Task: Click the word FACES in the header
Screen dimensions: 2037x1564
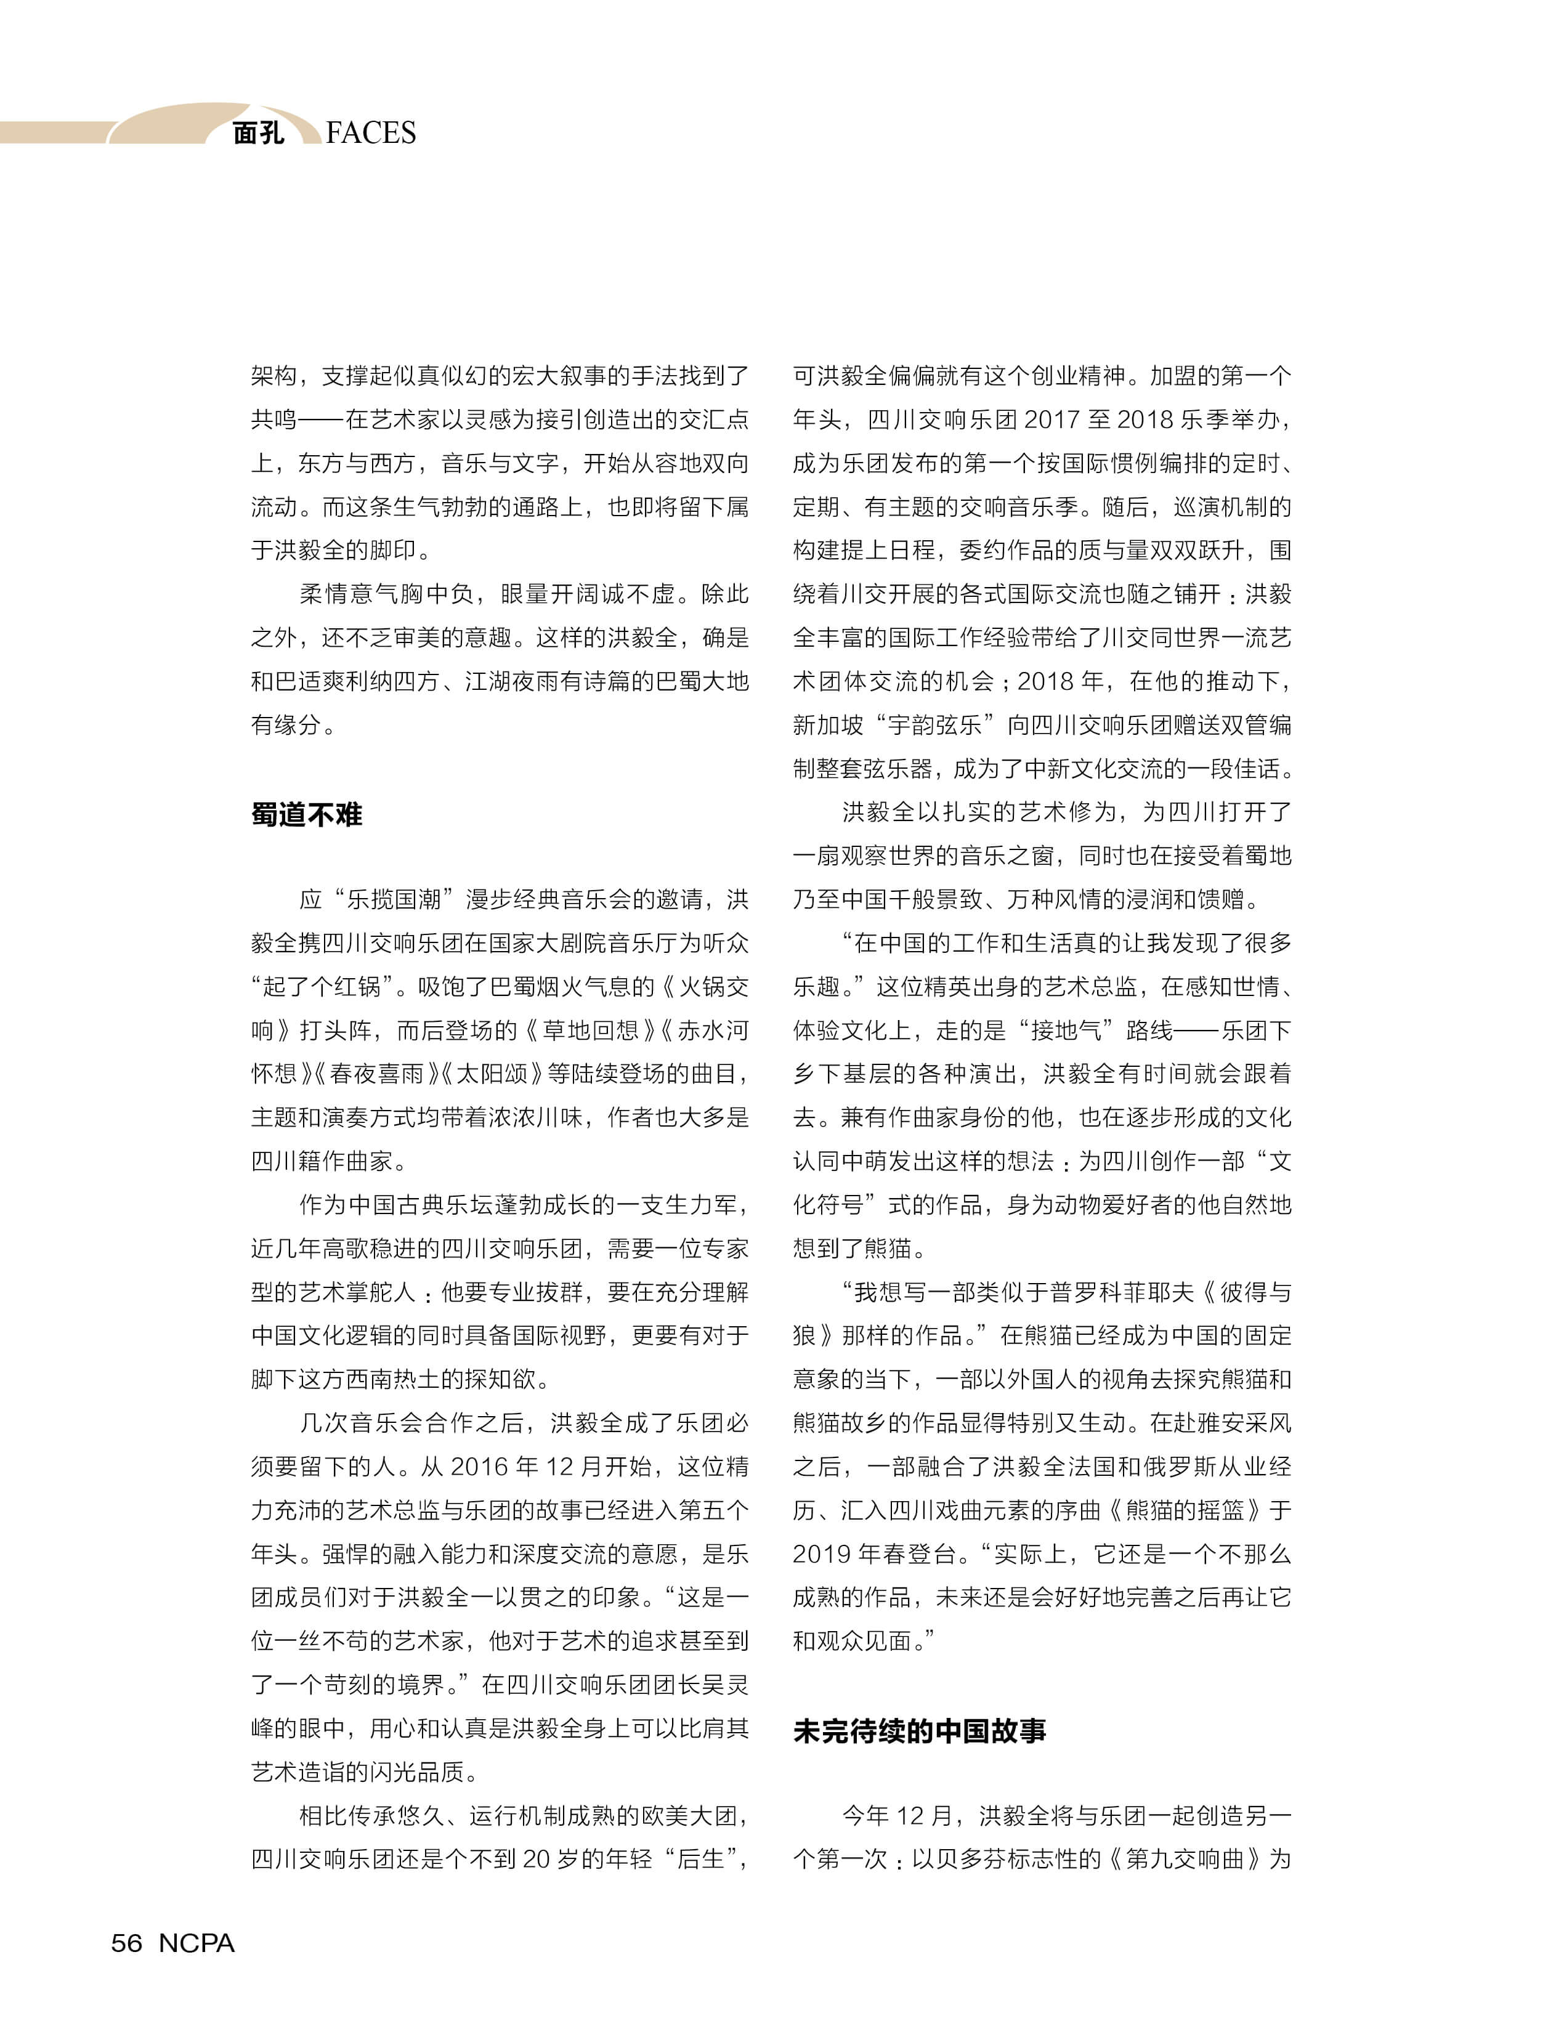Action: [371, 133]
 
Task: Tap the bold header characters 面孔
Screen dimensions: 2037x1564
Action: [258, 133]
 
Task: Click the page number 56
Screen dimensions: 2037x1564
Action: [127, 1943]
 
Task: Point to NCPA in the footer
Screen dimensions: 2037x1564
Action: [197, 1943]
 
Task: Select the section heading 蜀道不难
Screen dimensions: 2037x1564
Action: [306, 814]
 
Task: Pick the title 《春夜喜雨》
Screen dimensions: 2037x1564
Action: [376, 1074]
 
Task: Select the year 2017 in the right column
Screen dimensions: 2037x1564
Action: [1052, 420]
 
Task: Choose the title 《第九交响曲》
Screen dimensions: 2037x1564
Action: [1185, 1859]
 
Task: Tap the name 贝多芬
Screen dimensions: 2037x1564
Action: [970, 1859]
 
